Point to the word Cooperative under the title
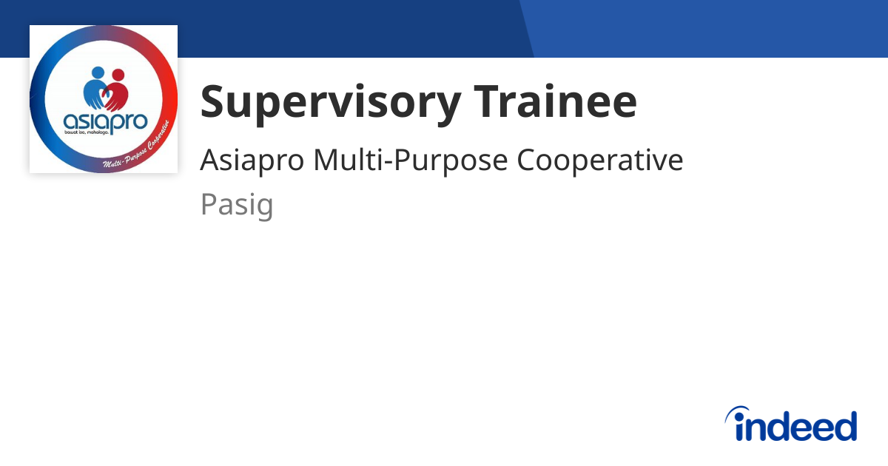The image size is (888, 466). coord(600,161)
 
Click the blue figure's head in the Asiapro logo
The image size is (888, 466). coord(98,73)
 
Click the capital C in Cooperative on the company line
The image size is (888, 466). coord(526,161)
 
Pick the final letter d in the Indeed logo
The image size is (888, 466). coord(845,426)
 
